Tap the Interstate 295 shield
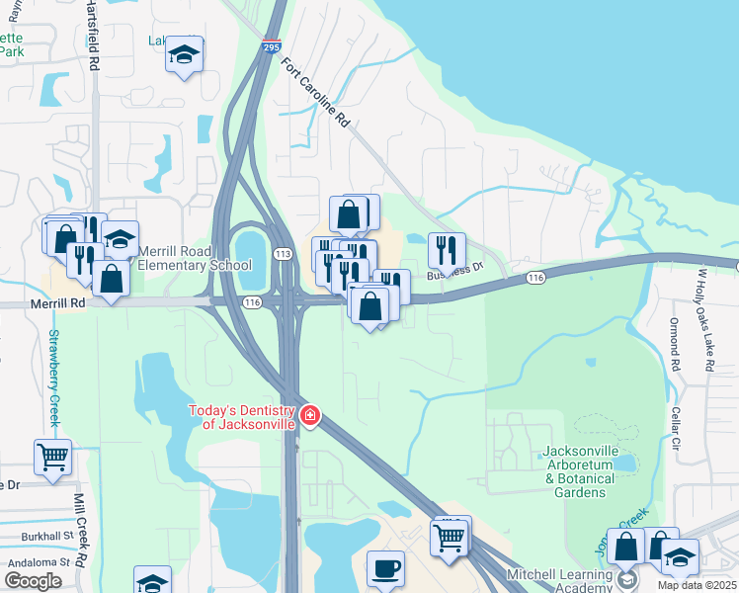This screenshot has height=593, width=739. (272, 46)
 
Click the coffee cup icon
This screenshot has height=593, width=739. (385, 568)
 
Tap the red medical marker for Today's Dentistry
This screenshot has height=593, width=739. (310, 415)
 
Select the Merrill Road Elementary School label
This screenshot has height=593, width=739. (195, 258)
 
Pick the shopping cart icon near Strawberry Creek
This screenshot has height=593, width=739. (53, 458)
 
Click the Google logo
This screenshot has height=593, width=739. (34, 580)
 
